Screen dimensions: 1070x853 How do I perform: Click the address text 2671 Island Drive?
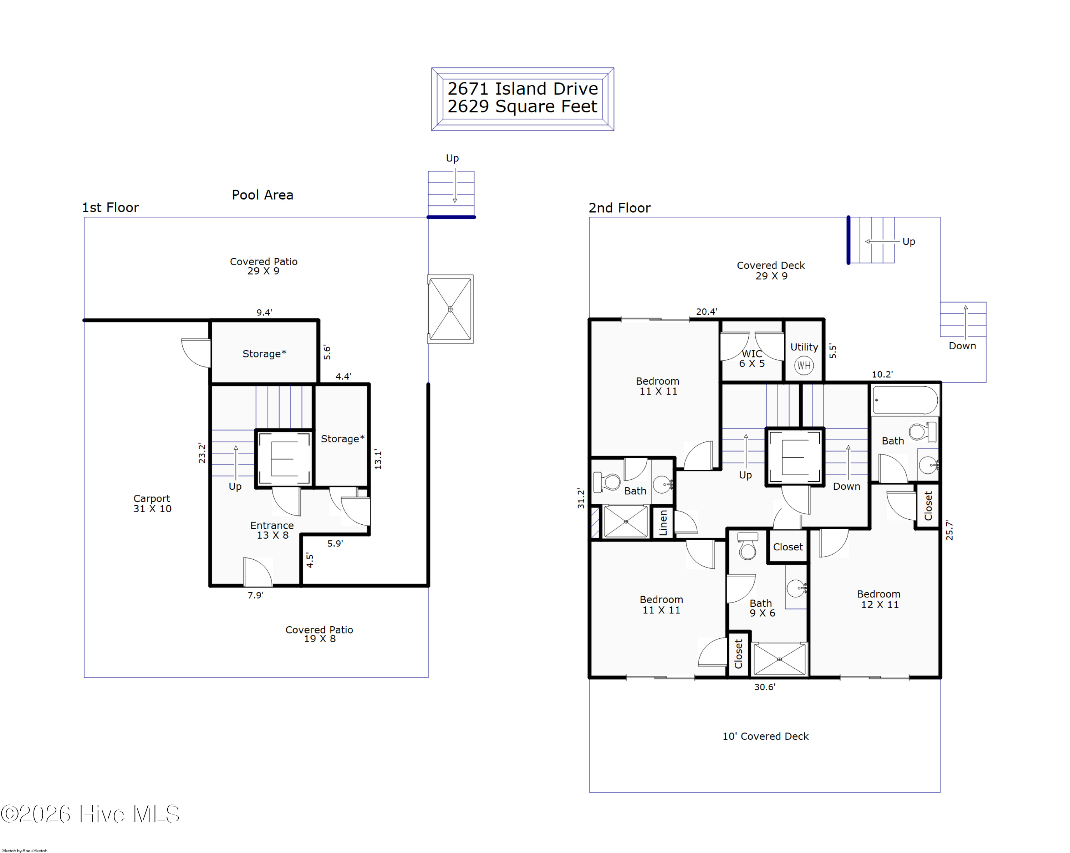tap(523, 89)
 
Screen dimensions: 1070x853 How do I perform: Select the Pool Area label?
tap(263, 195)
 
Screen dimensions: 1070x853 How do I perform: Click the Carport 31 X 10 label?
tap(152, 503)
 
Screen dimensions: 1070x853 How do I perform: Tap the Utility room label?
tap(804, 347)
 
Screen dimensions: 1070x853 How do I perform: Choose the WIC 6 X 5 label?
tap(752, 359)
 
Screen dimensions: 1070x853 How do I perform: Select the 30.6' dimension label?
tap(765, 687)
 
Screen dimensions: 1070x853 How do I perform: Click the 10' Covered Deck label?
tap(765, 736)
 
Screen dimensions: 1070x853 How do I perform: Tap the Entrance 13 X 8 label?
tap(272, 530)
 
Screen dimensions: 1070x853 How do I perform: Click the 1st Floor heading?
tap(110, 207)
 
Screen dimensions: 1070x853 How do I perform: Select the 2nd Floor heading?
tap(620, 208)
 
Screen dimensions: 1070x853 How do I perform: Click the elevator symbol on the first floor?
tap(284, 459)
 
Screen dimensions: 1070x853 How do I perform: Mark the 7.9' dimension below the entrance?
tap(256, 595)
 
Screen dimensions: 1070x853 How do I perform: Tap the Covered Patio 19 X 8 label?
tap(319, 634)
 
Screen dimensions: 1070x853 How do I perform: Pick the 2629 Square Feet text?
tap(522, 107)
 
